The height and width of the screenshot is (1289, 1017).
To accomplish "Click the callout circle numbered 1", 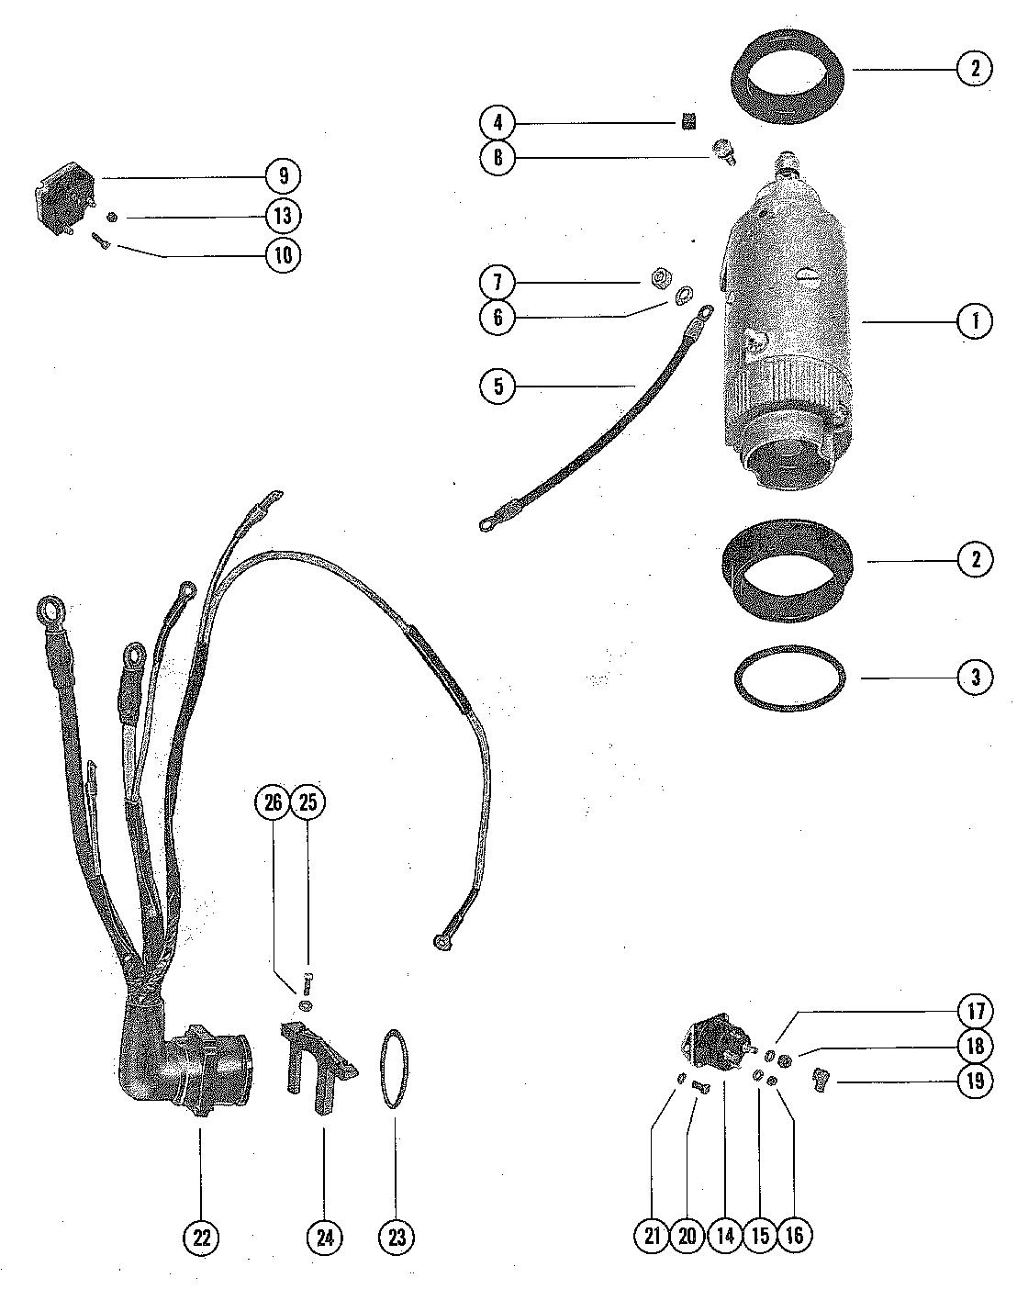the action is [975, 321].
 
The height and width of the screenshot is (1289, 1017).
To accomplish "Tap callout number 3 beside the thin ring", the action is [975, 678].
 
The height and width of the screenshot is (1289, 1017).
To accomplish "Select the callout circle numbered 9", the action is [284, 175].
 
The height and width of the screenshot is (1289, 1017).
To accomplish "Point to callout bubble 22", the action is [202, 1237].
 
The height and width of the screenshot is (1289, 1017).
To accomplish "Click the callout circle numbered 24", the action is [324, 1237].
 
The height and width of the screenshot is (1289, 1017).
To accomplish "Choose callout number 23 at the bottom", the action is [397, 1237].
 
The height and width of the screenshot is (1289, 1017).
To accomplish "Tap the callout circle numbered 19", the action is [975, 1081].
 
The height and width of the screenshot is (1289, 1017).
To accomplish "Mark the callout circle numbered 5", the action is [498, 386].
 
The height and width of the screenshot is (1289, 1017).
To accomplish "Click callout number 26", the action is [273, 802].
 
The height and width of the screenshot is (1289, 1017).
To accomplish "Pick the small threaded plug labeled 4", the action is [686, 121].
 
